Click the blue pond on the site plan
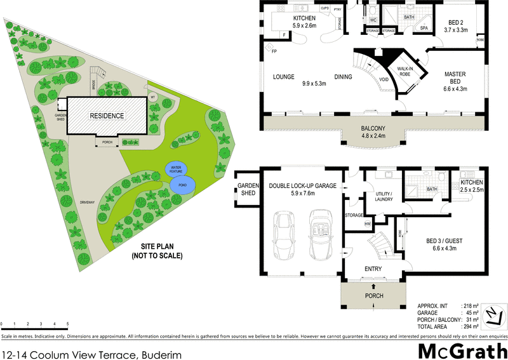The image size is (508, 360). [183, 185]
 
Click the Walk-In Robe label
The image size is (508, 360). [406, 72]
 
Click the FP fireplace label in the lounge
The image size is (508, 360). [274, 51]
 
